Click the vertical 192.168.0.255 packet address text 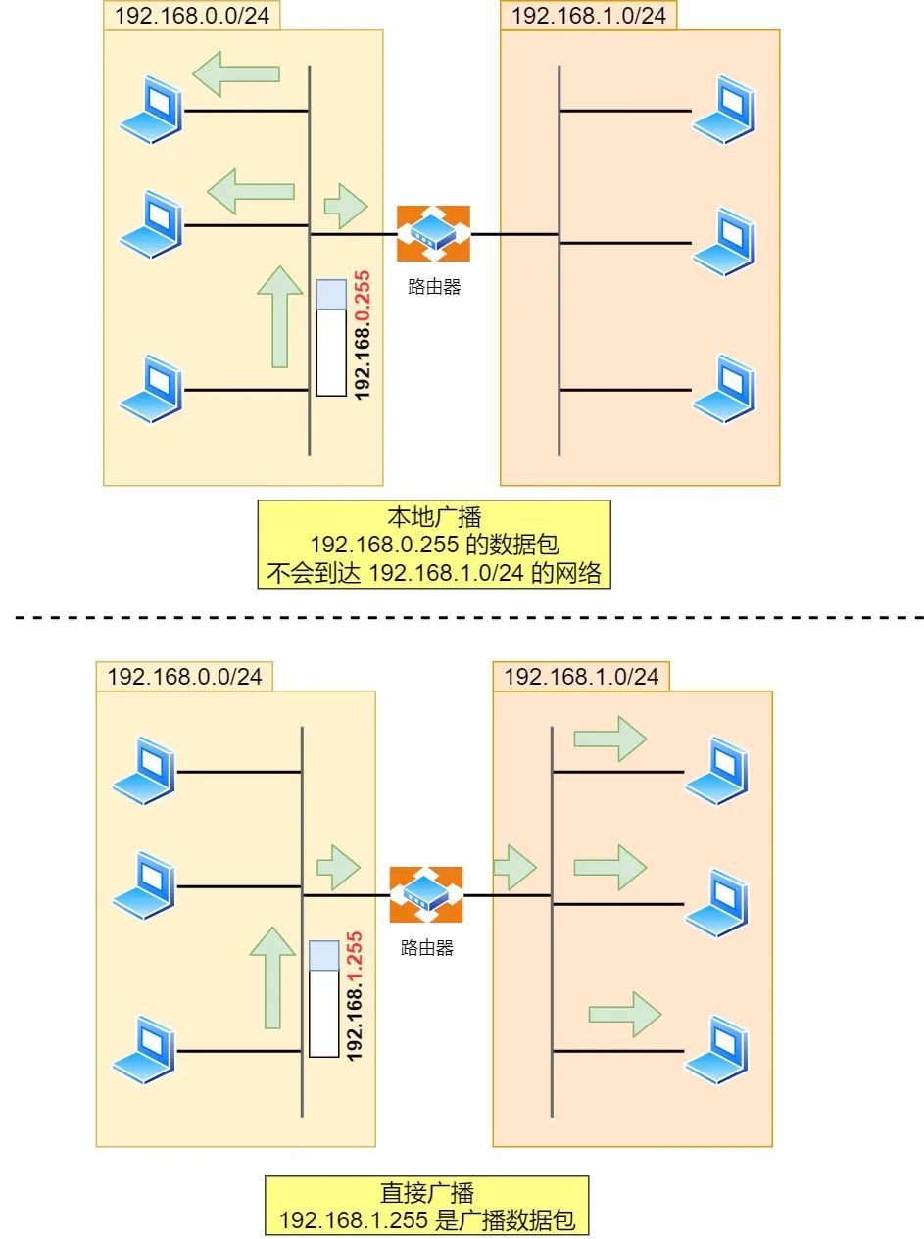click(x=363, y=335)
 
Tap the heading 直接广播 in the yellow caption click(x=426, y=1193)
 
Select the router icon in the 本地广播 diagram click(x=433, y=233)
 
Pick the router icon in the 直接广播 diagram click(x=425, y=894)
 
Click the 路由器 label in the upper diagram click(x=434, y=288)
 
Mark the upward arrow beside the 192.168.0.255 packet click(x=280, y=316)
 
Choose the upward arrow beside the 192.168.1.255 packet click(x=272, y=977)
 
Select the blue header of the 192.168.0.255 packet click(x=331, y=295)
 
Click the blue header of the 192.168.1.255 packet click(x=323, y=955)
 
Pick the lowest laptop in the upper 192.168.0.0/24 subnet click(x=151, y=389)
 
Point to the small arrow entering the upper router click(x=345, y=205)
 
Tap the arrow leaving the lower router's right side click(x=513, y=866)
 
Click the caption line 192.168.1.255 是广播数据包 click(x=426, y=1220)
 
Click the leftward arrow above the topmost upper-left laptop click(x=236, y=74)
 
